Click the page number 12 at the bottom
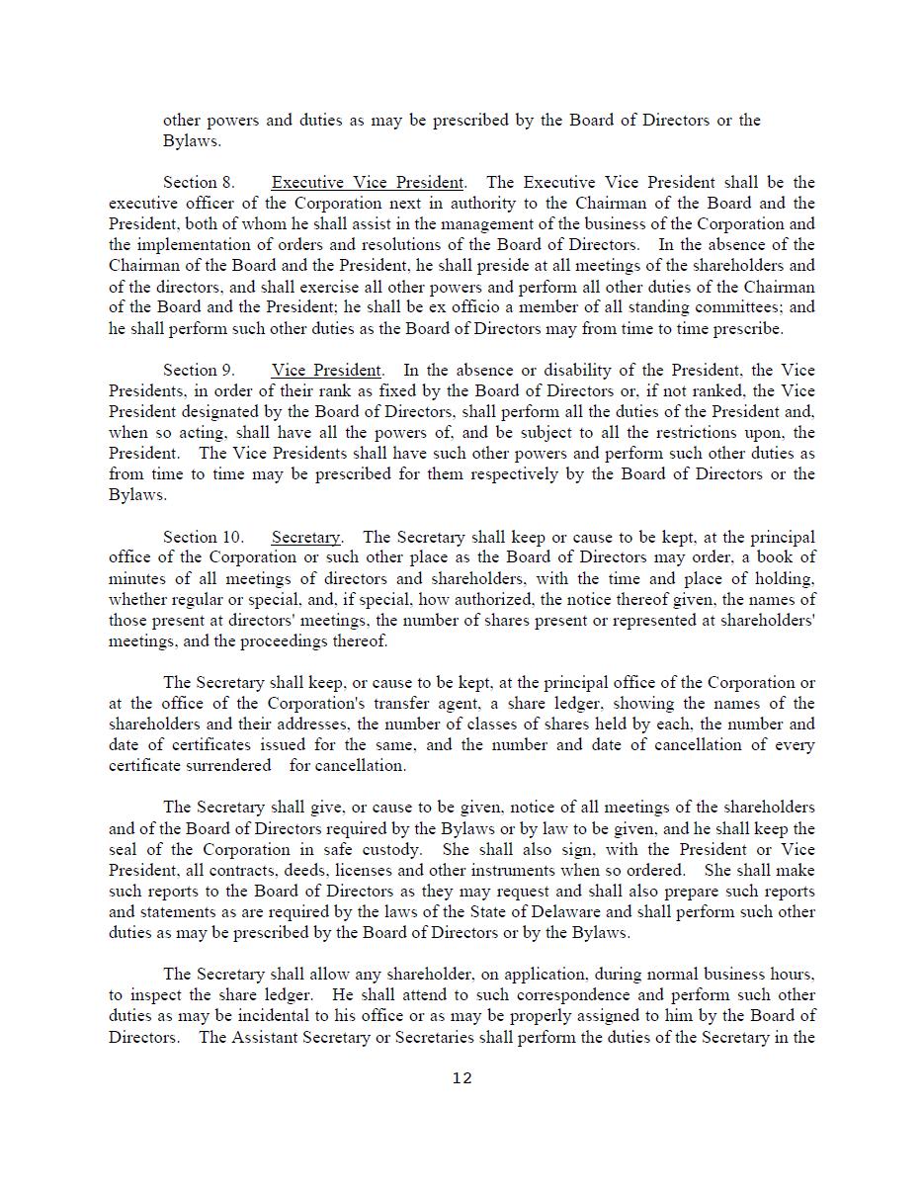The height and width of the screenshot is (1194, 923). click(x=461, y=1078)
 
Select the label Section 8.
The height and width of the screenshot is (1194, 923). click(x=199, y=183)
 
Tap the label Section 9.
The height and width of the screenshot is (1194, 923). click(x=199, y=371)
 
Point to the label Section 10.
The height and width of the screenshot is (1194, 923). click(x=203, y=538)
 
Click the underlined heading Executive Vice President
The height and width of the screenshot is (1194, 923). click(x=368, y=183)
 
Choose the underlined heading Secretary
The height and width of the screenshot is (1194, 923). click(x=305, y=538)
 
